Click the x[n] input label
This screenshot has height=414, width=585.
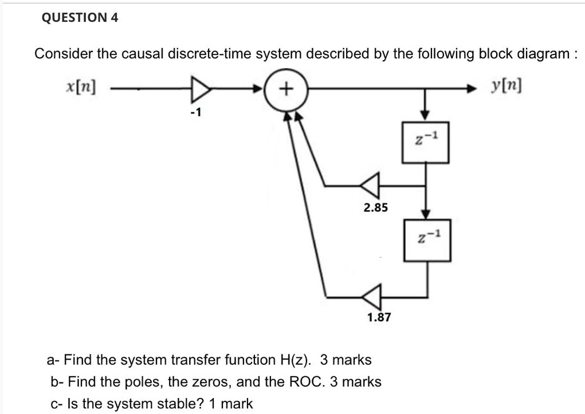[80, 88]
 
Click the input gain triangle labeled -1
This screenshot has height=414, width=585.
[199, 89]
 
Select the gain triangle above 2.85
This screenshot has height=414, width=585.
[371, 185]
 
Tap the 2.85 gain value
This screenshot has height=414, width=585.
[375, 208]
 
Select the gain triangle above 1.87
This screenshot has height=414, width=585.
[371, 296]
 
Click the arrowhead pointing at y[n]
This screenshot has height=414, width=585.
[472, 89]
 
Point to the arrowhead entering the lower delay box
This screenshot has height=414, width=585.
[425, 212]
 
